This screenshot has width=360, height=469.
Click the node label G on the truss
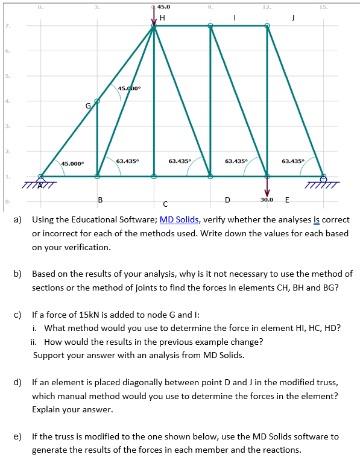coord(88,105)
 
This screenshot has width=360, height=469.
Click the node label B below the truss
coord(100,200)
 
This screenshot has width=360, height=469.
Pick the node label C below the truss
coord(165,204)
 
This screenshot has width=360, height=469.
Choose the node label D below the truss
coord(227,200)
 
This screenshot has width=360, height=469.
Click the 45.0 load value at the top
coord(163,7)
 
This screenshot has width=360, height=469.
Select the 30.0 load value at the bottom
coord(267,200)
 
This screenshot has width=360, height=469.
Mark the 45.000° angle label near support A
coord(73,163)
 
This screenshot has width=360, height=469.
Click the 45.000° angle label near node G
coord(130,88)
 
